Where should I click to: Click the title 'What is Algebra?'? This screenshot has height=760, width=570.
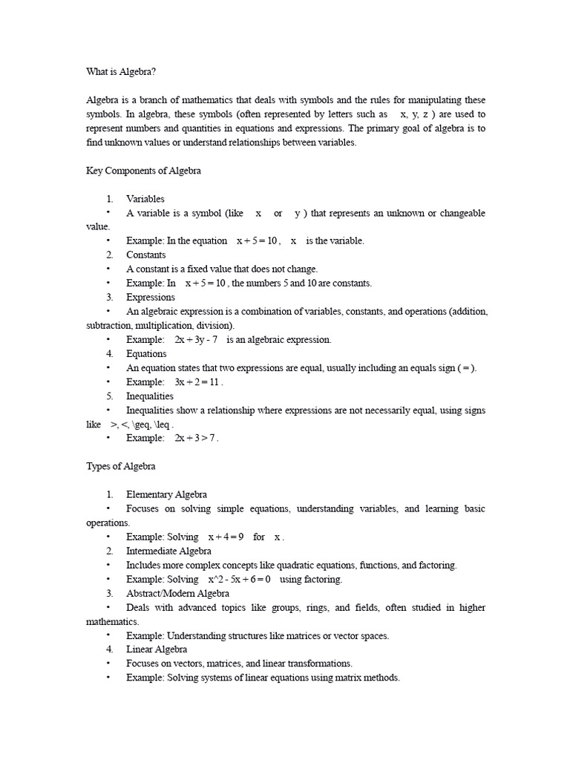tap(122, 72)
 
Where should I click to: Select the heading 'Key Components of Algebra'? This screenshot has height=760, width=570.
tap(143, 171)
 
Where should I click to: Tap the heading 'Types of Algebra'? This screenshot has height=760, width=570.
tap(121, 466)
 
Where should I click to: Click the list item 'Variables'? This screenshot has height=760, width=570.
tap(145, 199)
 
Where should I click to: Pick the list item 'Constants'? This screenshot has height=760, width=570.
tap(145, 255)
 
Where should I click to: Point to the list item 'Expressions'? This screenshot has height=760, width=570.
tap(151, 297)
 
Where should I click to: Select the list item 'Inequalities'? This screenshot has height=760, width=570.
tap(149, 396)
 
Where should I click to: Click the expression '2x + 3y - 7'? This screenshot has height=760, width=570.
tap(197, 339)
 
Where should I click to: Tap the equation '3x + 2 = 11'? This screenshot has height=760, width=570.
tap(197, 381)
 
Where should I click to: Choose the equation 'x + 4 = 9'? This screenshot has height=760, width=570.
tap(225, 537)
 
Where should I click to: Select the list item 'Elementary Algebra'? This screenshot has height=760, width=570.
tap(166, 494)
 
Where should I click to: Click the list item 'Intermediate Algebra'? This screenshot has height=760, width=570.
tap(168, 551)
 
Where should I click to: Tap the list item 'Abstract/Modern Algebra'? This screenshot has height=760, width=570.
tap(177, 593)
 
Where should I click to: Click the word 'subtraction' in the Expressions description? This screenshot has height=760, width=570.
tap(109, 325)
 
